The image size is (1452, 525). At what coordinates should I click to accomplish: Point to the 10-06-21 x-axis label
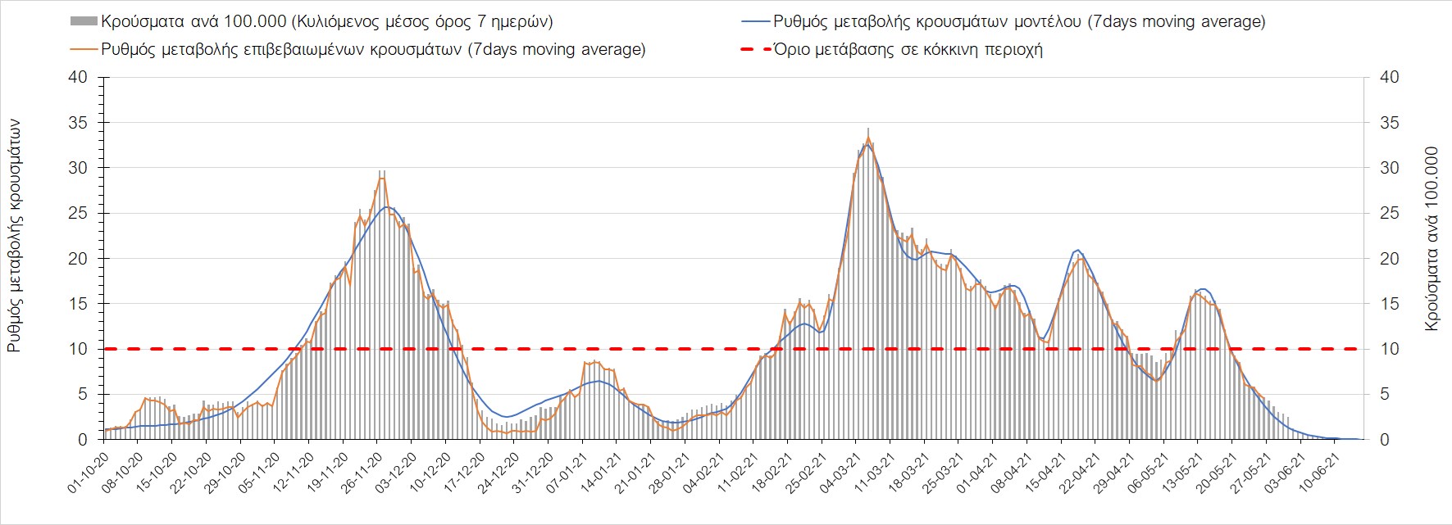point(1319,473)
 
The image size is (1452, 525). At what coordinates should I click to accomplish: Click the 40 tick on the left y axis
point(78,78)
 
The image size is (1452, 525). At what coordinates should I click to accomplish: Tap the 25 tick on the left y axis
point(78,214)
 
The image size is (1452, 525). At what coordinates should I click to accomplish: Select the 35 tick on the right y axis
point(1390,123)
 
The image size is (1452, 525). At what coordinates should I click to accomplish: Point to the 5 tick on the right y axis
point(1386,395)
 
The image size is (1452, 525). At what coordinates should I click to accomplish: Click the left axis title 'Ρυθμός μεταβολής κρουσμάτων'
point(15,236)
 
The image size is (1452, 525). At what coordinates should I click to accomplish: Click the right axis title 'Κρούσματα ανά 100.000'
point(1432,239)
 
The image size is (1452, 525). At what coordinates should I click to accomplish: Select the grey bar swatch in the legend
point(84,21)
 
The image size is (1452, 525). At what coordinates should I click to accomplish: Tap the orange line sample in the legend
point(84,49)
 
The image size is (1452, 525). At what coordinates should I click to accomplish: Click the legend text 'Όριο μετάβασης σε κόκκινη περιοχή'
point(908,49)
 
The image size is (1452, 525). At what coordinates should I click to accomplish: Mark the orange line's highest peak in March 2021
point(868,137)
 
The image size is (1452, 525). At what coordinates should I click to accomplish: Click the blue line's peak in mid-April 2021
point(1078,250)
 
